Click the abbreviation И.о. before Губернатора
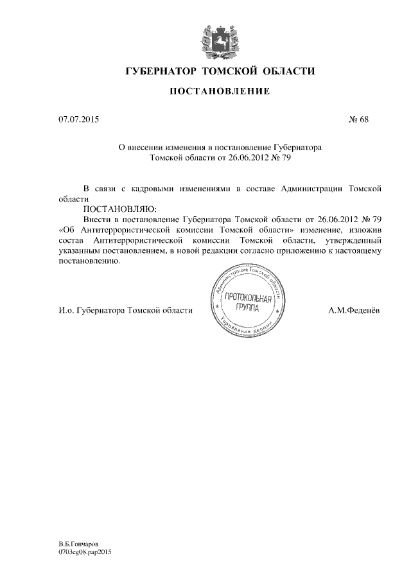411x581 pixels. point(66,311)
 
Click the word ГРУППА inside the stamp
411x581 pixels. point(248,309)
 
